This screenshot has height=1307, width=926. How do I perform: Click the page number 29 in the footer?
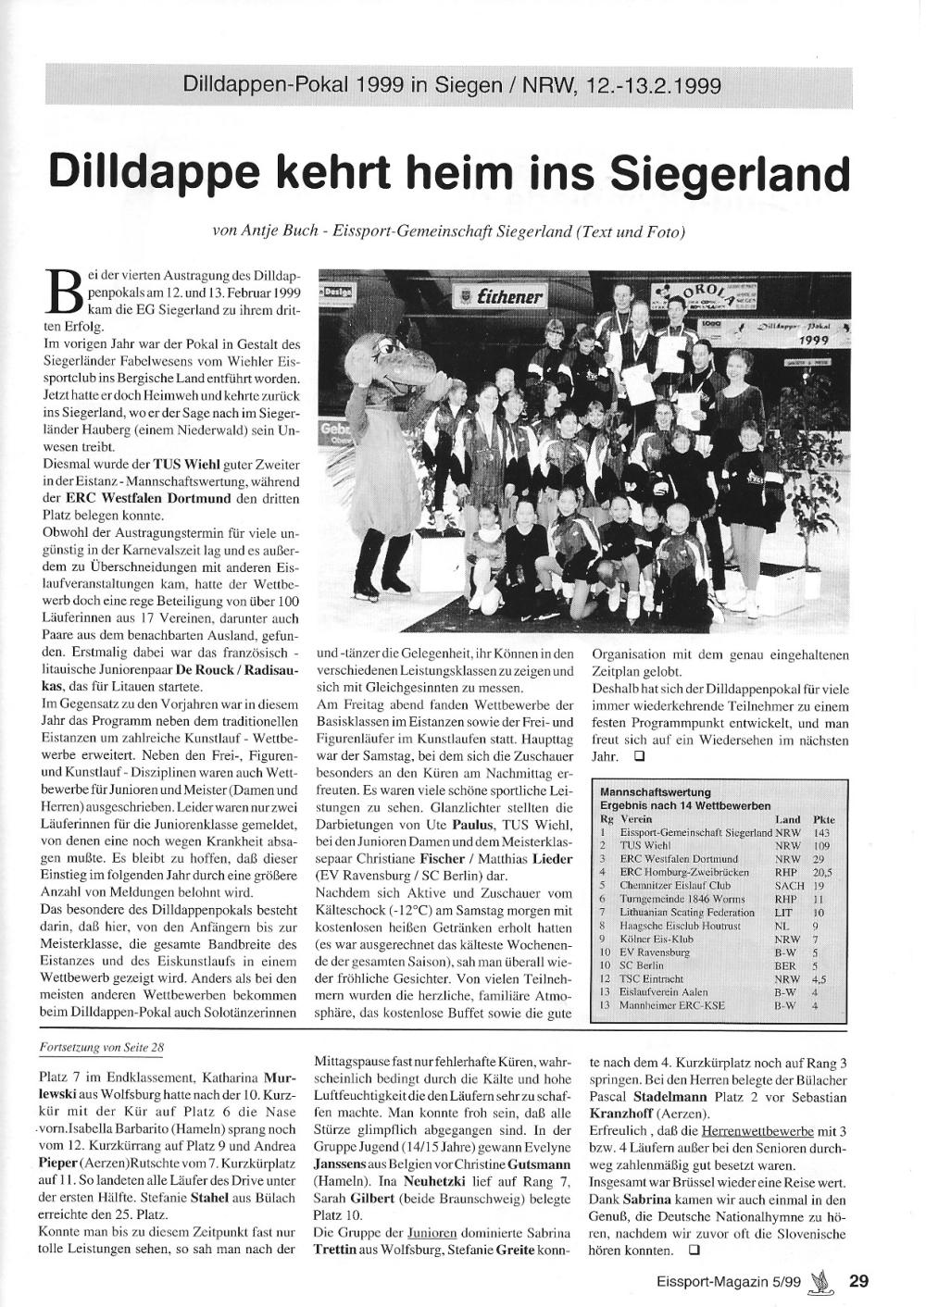pos(859,1281)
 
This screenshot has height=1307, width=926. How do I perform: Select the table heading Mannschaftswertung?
pos(656,792)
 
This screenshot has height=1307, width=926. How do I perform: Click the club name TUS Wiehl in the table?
pos(645,846)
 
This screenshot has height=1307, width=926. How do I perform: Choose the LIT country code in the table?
pos(786,912)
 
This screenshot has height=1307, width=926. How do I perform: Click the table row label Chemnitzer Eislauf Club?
pos(669,886)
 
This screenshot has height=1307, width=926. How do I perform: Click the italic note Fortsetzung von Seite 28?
pos(104,1048)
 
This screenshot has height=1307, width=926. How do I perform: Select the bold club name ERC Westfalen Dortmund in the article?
pos(126,499)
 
